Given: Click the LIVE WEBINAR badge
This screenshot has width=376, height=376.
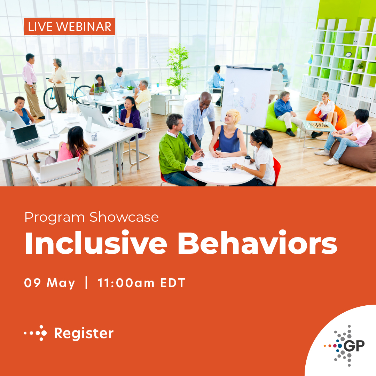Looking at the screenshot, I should point(69,26).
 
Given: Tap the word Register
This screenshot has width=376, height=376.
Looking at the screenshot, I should point(84,333).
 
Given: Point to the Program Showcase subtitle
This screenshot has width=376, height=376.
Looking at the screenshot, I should point(92,217).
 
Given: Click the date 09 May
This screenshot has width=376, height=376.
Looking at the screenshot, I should point(49,283).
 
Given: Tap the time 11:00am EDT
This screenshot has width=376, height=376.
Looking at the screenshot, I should point(141,283).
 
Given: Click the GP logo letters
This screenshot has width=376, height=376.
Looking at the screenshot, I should point(354,345).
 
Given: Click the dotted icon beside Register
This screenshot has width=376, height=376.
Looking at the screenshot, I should point(36,333).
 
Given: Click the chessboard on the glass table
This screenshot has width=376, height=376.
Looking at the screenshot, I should point(319,125).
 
